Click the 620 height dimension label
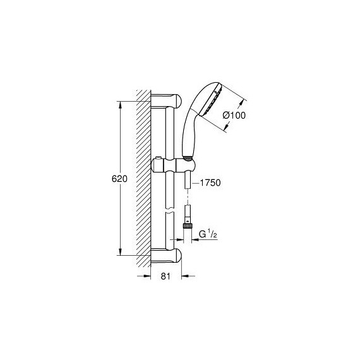(119, 179)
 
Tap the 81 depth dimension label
(165, 276)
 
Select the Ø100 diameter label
(234, 115)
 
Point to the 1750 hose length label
(210, 183)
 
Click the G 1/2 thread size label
(208, 234)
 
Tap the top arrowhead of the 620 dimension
(120, 105)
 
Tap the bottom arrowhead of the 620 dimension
(120, 251)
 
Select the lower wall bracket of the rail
(166, 255)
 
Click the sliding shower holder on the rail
(173, 165)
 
